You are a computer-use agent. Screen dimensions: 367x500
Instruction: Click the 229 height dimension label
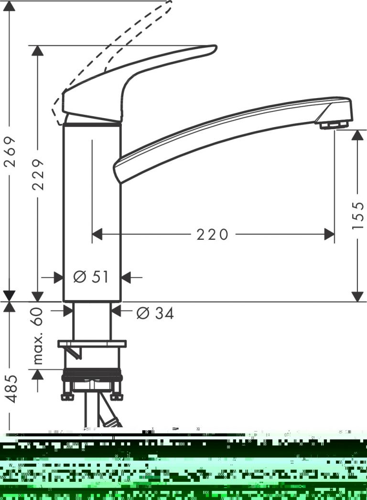point(38,174)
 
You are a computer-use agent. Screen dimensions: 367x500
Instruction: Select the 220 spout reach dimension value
point(212,235)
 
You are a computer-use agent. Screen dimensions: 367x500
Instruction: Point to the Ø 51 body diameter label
point(91,277)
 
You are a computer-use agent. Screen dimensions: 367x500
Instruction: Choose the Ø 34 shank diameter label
point(155,313)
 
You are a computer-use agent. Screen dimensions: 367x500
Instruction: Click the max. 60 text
point(38,336)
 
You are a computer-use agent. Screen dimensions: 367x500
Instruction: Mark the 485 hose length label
point(11,389)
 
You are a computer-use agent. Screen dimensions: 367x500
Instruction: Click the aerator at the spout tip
point(334,125)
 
